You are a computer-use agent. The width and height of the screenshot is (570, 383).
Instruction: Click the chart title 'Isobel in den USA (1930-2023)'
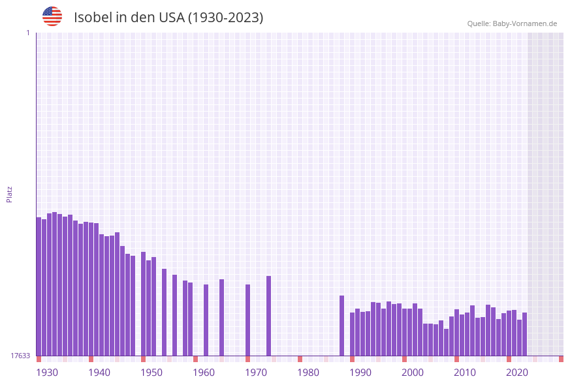[x=168, y=18]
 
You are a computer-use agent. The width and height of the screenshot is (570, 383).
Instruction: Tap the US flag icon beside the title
[x=52, y=16]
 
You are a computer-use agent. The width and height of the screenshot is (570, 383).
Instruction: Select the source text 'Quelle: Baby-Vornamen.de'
[x=512, y=23]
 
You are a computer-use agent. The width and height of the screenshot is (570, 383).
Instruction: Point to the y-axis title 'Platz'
[x=10, y=194]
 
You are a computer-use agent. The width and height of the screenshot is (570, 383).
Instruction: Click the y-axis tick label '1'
[x=27, y=33]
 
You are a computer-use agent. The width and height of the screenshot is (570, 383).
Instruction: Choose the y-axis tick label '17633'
[x=20, y=356]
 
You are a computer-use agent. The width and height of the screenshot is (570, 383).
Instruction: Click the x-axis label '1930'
[x=47, y=372]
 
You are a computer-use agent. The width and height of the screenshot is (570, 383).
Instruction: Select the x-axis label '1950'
[x=151, y=372]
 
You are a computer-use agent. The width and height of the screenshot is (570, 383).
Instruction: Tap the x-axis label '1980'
[x=308, y=372]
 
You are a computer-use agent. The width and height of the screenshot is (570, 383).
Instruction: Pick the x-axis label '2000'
[x=413, y=372]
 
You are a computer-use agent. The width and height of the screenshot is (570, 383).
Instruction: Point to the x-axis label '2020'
[x=517, y=372]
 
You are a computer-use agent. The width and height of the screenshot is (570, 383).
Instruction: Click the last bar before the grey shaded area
[x=524, y=334]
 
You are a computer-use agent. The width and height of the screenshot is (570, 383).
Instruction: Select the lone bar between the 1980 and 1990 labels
[x=341, y=326]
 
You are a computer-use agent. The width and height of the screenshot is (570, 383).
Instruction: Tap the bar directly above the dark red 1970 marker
[x=247, y=320]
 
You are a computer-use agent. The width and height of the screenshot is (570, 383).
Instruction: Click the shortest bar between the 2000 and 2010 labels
[x=446, y=342]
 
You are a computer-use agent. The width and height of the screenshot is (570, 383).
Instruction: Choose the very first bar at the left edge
[x=39, y=286]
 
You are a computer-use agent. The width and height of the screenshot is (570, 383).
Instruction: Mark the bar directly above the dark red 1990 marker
[x=352, y=334]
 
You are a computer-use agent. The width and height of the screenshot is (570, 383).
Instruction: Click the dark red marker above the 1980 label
[x=300, y=359]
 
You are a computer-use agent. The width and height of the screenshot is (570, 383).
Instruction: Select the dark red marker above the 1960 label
[x=195, y=359]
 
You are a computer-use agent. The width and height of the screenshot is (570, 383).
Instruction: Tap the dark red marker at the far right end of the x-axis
[x=561, y=359]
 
